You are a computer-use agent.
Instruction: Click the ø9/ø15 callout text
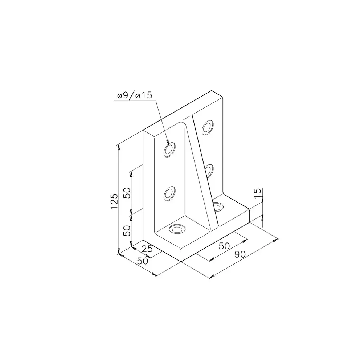pyautogui.click(x=135, y=95)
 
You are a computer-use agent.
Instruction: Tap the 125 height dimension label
pyautogui.click(x=114, y=201)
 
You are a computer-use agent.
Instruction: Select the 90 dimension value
pyautogui.click(x=240, y=254)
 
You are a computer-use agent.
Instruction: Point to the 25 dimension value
pyautogui.click(x=147, y=249)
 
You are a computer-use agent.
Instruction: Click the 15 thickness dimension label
pyautogui.click(x=258, y=194)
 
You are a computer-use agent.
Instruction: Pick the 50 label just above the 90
pyautogui.click(x=224, y=246)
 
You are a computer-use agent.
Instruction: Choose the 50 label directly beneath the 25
pyautogui.click(x=142, y=261)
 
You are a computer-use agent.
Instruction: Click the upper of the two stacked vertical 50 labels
pyautogui.click(x=127, y=193)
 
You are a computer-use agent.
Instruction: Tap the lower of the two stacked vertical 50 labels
pyautogui.click(x=127, y=230)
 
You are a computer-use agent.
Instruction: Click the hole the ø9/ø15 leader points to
pyautogui.click(x=169, y=150)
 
